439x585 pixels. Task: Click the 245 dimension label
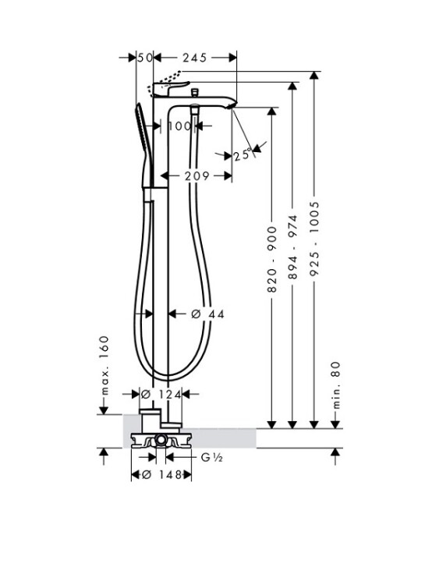tap(194, 58)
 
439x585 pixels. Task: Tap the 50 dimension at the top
tap(145, 58)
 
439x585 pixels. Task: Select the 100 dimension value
tap(179, 126)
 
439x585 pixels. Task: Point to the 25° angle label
tap(243, 154)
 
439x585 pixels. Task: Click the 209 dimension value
tap(197, 175)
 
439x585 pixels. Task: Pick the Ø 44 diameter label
tap(207, 314)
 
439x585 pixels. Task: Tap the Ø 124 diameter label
tap(161, 394)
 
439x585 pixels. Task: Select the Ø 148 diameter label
tap(162, 474)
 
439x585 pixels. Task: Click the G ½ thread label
tap(212, 457)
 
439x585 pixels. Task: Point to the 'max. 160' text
tap(104, 365)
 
